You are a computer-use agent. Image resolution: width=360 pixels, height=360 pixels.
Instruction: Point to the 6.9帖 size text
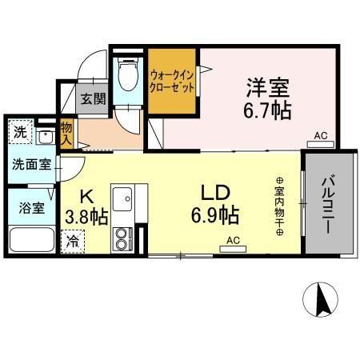coord(214,214)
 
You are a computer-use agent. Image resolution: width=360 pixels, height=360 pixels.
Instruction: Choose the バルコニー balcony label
coord(328,204)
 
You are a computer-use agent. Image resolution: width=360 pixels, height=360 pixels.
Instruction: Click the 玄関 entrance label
coord(94,99)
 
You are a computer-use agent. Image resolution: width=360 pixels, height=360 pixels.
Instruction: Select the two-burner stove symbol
coord(122,238)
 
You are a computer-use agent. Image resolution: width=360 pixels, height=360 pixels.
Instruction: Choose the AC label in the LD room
coord(233,240)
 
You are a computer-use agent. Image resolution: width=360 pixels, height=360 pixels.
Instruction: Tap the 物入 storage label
coord(67,134)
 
